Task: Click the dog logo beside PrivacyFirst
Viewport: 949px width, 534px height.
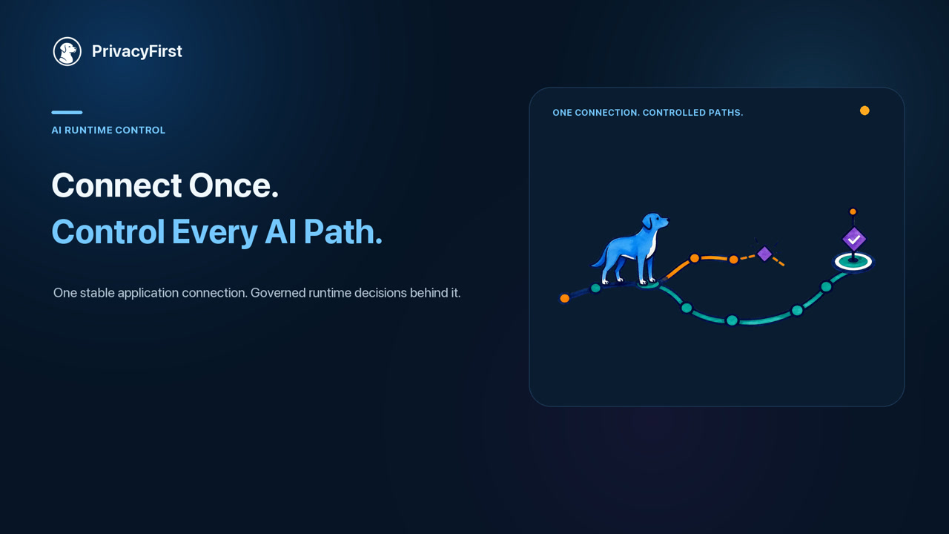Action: [x=67, y=51]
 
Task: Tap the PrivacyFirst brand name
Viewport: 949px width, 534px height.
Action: [x=137, y=51]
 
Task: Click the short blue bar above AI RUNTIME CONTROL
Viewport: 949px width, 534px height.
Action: [x=67, y=112]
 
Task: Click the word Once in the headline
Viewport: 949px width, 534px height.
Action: [x=234, y=185]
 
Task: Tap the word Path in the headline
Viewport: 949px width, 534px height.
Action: [x=343, y=232]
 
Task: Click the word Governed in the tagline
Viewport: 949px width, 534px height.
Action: [x=278, y=293]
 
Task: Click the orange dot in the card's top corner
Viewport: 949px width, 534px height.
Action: [x=864, y=111]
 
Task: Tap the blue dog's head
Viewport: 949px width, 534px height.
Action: [x=655, y=222]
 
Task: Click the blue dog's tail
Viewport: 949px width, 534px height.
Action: [x=599, y=259]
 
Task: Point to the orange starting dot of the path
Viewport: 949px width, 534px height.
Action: [x=565, y=298]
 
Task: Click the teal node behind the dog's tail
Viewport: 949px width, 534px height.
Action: [x=595, y=289]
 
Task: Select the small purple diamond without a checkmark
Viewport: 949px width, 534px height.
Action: [x=764, y=254]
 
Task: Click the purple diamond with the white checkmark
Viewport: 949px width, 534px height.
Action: [x=854, y=240]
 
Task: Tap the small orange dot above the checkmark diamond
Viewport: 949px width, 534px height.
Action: [x=853, y=211]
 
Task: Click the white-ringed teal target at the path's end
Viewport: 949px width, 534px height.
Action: [x=853, y=262]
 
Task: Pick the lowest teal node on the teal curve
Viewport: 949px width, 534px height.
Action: [x=732, y=320]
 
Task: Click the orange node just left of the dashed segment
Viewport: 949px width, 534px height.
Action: [x=734, y=260]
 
